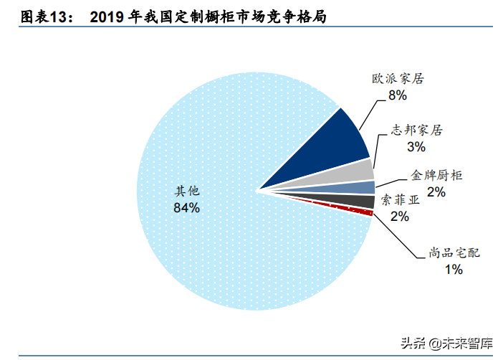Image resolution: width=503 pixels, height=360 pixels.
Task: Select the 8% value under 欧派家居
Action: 398,95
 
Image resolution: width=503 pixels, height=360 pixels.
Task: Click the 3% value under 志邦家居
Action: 416,147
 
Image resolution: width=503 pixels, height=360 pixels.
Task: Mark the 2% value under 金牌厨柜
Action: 436,191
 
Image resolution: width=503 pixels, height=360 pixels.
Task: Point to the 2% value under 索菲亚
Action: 400,216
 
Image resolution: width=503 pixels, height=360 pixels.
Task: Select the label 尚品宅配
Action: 454,253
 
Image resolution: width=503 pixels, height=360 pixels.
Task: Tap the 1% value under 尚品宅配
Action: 454,270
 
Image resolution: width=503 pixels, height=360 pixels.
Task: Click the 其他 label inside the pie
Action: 186,191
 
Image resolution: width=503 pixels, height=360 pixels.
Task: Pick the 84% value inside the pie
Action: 186,208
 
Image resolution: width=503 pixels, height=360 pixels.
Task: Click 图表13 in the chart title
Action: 47,17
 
